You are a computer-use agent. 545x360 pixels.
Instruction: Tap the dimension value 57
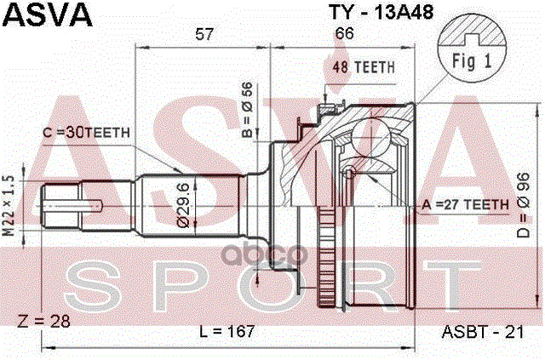click(x=204, y=34)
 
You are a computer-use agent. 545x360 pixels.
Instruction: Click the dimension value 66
click(x=345, y=34)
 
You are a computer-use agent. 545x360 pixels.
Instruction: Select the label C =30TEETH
click(x=86, y=132)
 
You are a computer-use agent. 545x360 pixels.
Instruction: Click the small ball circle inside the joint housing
click(x=349, y=173)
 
